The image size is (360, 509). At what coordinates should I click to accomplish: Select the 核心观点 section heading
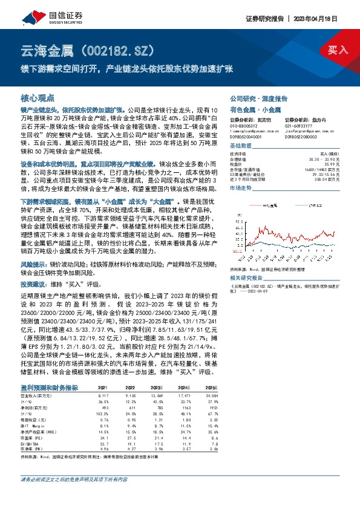(38, 97)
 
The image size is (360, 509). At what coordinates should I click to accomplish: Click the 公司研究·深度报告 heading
(258, 97)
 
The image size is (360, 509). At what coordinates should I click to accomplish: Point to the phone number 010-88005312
(244, 126)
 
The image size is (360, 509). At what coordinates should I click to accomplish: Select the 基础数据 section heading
(240, 146)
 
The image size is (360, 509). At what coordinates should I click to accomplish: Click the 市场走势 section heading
(240, 189)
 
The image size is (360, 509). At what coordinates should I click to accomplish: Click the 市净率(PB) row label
(31, 433)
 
